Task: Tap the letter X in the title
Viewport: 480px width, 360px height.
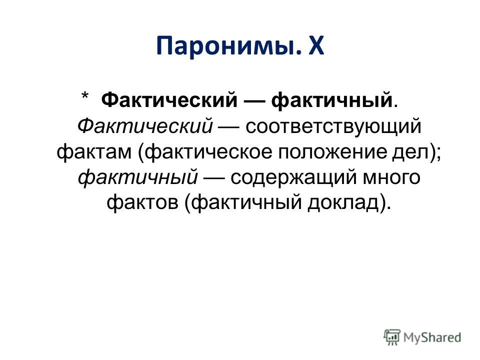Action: tap(315, 45)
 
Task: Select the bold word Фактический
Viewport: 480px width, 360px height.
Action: tap(169, 100)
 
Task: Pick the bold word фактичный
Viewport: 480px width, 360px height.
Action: tap(332, 100)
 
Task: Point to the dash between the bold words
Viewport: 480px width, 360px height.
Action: tap(254, 101)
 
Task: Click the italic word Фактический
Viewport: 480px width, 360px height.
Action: tap(145, 126)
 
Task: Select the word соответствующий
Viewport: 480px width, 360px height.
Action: tap(333, 126)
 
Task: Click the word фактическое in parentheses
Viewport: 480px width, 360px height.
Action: tap(208, 151)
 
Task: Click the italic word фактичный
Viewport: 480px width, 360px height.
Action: tap(138, 177)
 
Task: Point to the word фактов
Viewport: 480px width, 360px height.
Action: tap(142, 203)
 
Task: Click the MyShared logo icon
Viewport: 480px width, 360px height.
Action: tap(392, 337)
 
